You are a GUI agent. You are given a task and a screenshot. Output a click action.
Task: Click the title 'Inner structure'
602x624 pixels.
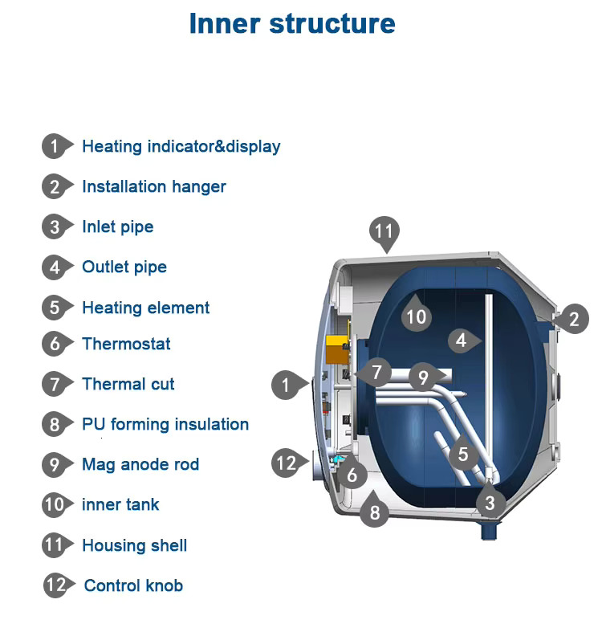coord(292,23)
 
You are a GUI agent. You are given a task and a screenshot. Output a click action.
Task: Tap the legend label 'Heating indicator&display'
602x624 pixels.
coord(181,146)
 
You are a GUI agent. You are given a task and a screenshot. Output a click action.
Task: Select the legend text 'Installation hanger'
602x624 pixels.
coord(154,186)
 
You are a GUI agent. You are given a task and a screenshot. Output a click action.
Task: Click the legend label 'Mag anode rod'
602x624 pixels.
coord(140,464)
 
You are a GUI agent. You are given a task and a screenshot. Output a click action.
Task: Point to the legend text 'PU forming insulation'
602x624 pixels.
coord(165,424)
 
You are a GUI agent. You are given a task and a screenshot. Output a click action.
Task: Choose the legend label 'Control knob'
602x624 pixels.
coord(133,585)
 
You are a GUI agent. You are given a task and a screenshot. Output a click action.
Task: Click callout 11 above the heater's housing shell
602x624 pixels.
coord(384,232)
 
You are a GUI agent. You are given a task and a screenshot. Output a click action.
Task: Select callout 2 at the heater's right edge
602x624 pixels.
coord(573,319)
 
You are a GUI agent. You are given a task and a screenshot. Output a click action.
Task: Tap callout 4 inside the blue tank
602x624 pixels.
coord(461,341)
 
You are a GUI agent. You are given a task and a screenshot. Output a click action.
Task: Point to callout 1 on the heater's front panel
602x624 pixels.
coord(285,385)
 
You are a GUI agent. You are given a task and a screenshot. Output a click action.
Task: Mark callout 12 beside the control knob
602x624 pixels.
coord(286,463)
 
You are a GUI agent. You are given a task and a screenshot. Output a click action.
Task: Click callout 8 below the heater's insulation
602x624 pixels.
coord(374,510)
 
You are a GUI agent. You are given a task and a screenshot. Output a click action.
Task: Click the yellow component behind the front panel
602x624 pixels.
coord(335,350)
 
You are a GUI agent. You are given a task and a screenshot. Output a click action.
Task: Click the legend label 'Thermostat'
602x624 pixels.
coord(126,344)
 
